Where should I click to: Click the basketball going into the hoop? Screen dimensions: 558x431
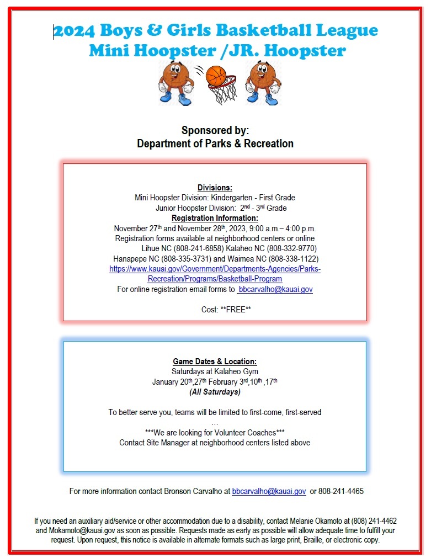(x=216, y=77)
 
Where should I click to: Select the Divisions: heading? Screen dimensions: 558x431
(x=215, y=188)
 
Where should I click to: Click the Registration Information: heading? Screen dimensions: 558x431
(x=215, y=218)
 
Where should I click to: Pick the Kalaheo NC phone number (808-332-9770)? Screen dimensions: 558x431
(x=291, y=248)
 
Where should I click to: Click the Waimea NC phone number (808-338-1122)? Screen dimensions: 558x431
(x=293, y=259)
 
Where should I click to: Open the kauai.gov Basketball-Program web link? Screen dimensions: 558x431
(x=215, y=274)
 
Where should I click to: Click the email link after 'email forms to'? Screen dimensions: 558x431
(x=275, y=289)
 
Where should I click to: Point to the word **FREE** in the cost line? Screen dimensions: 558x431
(x=236, y=310)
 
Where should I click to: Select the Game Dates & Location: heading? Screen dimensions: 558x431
(x=215, y=362)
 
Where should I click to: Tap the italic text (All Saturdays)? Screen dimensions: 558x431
(x=215, y=392)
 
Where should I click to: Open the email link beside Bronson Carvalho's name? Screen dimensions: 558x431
(x=269, y=491)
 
